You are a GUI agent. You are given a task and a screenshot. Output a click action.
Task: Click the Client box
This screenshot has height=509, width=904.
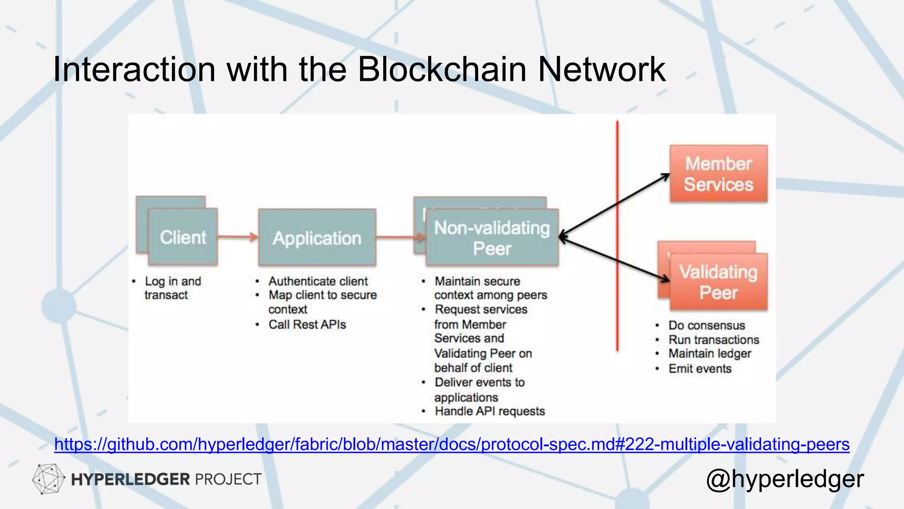[x=183, y=237]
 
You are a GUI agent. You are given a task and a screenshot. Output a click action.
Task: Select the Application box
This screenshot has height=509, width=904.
[x=317, y=238]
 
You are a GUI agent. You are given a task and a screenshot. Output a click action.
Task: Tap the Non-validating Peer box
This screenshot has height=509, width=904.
[x=492, y=238]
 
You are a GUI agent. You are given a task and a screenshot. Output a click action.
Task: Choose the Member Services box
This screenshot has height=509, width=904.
[x=718, y=174]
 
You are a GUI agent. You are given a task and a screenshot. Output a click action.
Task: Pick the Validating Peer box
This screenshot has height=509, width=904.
[x=718, y=282]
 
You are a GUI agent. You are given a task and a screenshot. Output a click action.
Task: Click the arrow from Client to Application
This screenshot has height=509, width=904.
[x=237, y=237]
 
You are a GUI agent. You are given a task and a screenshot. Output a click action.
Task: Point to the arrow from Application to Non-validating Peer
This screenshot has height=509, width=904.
[x=399, y=238]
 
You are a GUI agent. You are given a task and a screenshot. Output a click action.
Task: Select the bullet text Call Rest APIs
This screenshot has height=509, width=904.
[x=307, y=324]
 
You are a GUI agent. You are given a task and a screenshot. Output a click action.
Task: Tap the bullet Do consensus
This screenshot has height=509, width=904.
[x=706, y=325]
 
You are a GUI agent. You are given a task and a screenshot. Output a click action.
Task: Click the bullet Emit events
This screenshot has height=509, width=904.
[x=700, y=368]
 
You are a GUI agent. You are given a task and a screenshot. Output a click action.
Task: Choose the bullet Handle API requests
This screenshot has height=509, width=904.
[x=490, y=411]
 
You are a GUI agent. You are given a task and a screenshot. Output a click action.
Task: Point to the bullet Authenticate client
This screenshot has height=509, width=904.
[x=318, y=281]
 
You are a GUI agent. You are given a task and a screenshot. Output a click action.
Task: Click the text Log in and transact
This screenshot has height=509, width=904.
[x=172, y=288]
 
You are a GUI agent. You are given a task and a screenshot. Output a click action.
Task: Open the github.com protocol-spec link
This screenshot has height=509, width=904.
[x=452, y=444]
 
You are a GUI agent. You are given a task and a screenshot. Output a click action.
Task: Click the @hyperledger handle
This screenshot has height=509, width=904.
[x=784, y=479]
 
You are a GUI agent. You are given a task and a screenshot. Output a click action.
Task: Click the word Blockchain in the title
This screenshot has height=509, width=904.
[x=442, y=69]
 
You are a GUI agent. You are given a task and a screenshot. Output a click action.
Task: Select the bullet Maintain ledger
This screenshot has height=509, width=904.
[x=709, y=353]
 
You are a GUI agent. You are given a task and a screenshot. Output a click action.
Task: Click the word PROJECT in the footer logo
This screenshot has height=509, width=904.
[x=228, y=479]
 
